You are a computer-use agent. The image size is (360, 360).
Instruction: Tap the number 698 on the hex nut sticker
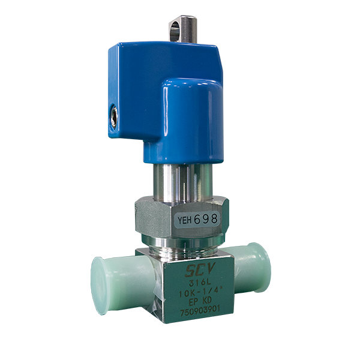pyautogui.click(x=205, y=220)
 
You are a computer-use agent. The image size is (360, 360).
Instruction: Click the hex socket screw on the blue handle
pyautogui.click(x=113, y=112)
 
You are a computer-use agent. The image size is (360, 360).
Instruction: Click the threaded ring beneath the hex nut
pyautogui.click(x=180, y=244)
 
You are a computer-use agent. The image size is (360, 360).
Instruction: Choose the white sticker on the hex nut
pyautogui.click(x=196, y=220)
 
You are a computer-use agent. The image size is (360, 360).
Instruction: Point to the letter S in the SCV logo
pyautogui.click(x=184, y=269)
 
